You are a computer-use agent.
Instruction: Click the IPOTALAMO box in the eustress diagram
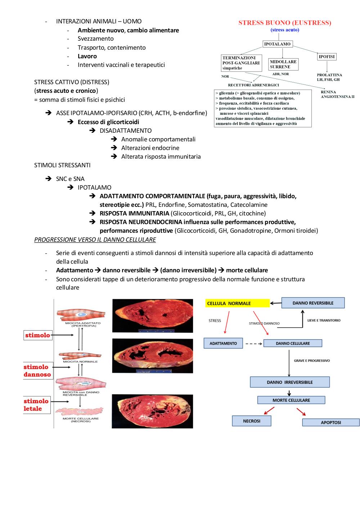(277, 44)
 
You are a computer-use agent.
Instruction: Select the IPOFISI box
(327, 56)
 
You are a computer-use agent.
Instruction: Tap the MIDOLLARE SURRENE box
(283, 64)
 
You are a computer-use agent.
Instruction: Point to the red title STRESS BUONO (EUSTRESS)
(285, 23)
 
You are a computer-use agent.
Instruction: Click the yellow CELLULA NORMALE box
(237, 303)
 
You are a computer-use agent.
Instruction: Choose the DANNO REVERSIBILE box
(313, 303)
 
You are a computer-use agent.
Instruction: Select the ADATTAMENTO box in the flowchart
(223, 343)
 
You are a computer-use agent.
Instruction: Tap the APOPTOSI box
(331, 422)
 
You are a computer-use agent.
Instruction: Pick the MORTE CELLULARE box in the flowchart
(291, 400)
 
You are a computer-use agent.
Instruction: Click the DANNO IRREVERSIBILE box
(290, 382)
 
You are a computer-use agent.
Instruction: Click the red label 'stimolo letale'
(36, 405)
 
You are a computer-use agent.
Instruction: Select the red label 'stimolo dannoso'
(38, 371)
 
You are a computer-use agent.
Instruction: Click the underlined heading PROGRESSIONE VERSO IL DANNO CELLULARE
(95, 240)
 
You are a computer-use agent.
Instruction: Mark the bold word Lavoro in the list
(87, 56)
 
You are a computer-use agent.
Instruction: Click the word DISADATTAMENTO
(126, 131)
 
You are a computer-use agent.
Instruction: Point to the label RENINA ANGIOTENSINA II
(337, 94)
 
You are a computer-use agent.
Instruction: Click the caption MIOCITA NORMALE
(80, 362)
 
